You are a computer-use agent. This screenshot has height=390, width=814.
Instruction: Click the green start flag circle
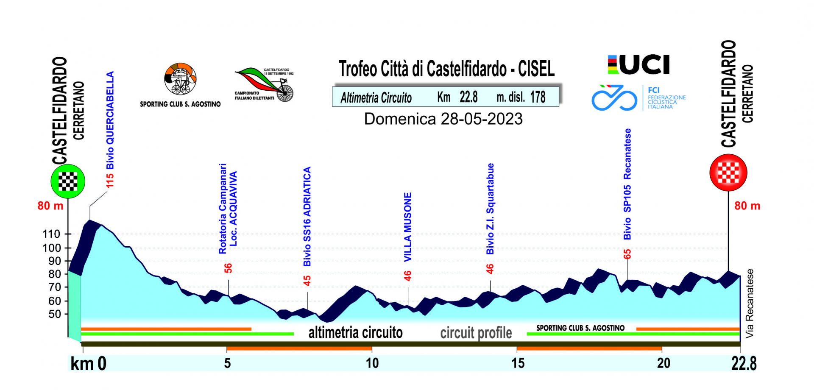68,181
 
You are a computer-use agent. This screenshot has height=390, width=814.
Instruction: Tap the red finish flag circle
728,173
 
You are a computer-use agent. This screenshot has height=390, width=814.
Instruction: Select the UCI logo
638,65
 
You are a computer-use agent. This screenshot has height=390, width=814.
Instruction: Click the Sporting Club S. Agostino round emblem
181,79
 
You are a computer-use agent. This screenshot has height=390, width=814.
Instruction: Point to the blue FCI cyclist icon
614,98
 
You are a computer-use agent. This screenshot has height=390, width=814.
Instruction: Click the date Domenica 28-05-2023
443,119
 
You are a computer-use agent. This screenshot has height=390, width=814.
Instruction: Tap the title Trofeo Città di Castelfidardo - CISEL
446,69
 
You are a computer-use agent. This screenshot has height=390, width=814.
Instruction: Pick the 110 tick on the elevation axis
52,234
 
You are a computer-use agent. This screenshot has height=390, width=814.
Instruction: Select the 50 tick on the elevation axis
55,314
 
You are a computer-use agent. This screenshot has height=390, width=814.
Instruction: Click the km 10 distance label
372,363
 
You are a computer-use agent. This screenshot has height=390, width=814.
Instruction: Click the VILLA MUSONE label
407,227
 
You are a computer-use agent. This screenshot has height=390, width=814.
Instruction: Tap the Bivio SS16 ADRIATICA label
307,216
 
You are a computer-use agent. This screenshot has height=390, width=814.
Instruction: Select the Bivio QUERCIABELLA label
110,120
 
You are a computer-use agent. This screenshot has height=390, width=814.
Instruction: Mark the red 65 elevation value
627,254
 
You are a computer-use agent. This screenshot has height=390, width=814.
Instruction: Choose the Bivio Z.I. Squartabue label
490,209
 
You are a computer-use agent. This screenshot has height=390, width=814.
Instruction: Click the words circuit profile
476,333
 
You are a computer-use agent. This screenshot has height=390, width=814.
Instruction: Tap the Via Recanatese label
750,304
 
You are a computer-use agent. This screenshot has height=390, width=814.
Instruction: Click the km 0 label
88,364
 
